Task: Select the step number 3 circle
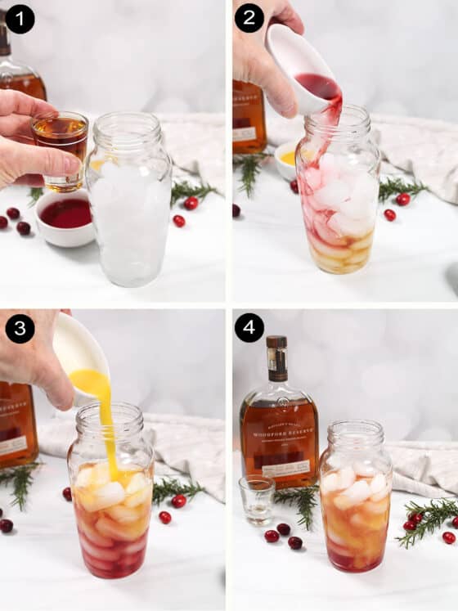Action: [20, 328]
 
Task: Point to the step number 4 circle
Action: [249, 328]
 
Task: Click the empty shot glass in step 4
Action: [257, 498]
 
